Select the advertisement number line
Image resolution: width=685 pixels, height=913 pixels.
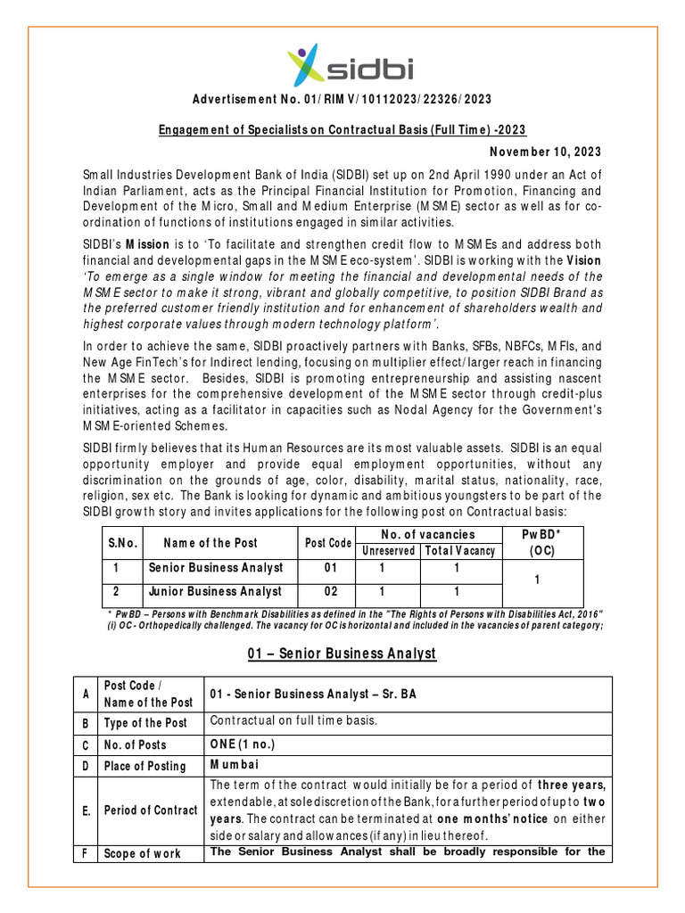342,99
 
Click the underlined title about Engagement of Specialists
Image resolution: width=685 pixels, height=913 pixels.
342,129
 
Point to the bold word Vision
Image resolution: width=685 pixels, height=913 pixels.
583,259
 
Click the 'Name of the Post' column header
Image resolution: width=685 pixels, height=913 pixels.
210,543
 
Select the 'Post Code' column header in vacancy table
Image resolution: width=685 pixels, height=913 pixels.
328,543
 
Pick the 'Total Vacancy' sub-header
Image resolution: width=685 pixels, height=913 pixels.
461,551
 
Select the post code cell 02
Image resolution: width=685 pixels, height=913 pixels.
328,591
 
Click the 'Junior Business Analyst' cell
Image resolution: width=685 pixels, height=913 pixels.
215,591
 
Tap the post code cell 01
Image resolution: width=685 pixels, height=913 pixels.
328,568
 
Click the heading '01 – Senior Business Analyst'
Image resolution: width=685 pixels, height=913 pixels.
342,654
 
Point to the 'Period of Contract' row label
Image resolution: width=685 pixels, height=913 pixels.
151,810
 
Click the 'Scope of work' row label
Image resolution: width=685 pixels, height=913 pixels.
143,853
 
